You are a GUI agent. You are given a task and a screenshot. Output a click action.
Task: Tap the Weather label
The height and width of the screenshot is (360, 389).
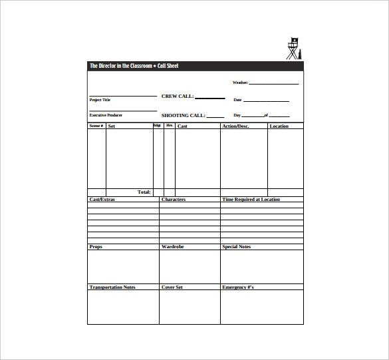click(x=240, y=83)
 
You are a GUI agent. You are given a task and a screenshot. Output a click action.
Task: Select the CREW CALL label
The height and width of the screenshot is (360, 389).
click(x=178, y=96)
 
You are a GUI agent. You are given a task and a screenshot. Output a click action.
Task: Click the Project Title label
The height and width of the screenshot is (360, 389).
click(x=100, y=100)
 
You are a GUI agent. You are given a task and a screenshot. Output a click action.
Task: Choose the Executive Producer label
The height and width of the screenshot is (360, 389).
click(x=106, y=115)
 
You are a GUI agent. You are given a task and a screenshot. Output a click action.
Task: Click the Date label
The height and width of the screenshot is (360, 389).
click(x=237, y=100)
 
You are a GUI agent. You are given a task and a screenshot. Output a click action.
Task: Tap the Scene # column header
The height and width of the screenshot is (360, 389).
click(x=96, y=126)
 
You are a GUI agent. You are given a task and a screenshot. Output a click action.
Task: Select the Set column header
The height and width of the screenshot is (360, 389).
click(x=112, y=126)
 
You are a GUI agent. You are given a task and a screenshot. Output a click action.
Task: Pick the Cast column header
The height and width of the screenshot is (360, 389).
click(x=182, y=126)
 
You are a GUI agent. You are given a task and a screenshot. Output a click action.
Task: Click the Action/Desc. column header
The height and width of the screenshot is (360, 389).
click(x=235, y=126)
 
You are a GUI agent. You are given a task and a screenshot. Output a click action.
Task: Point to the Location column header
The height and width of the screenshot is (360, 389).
click(x=279, y=126)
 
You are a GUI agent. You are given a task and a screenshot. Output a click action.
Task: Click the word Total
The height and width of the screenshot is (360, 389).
click(x=144, y=192)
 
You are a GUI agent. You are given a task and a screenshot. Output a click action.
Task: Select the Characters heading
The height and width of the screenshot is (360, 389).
click(x=174, y=200)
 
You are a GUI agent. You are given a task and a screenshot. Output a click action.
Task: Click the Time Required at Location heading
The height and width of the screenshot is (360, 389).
click(x=251, y=200)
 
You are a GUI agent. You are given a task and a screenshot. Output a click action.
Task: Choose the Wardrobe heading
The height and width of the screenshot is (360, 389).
click(x=172, y=247)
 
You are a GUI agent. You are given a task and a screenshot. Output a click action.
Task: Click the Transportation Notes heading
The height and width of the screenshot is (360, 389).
click(x=112, y=287)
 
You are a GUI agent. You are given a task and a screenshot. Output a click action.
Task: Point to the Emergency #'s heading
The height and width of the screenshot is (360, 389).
click(x=238, y=287)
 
